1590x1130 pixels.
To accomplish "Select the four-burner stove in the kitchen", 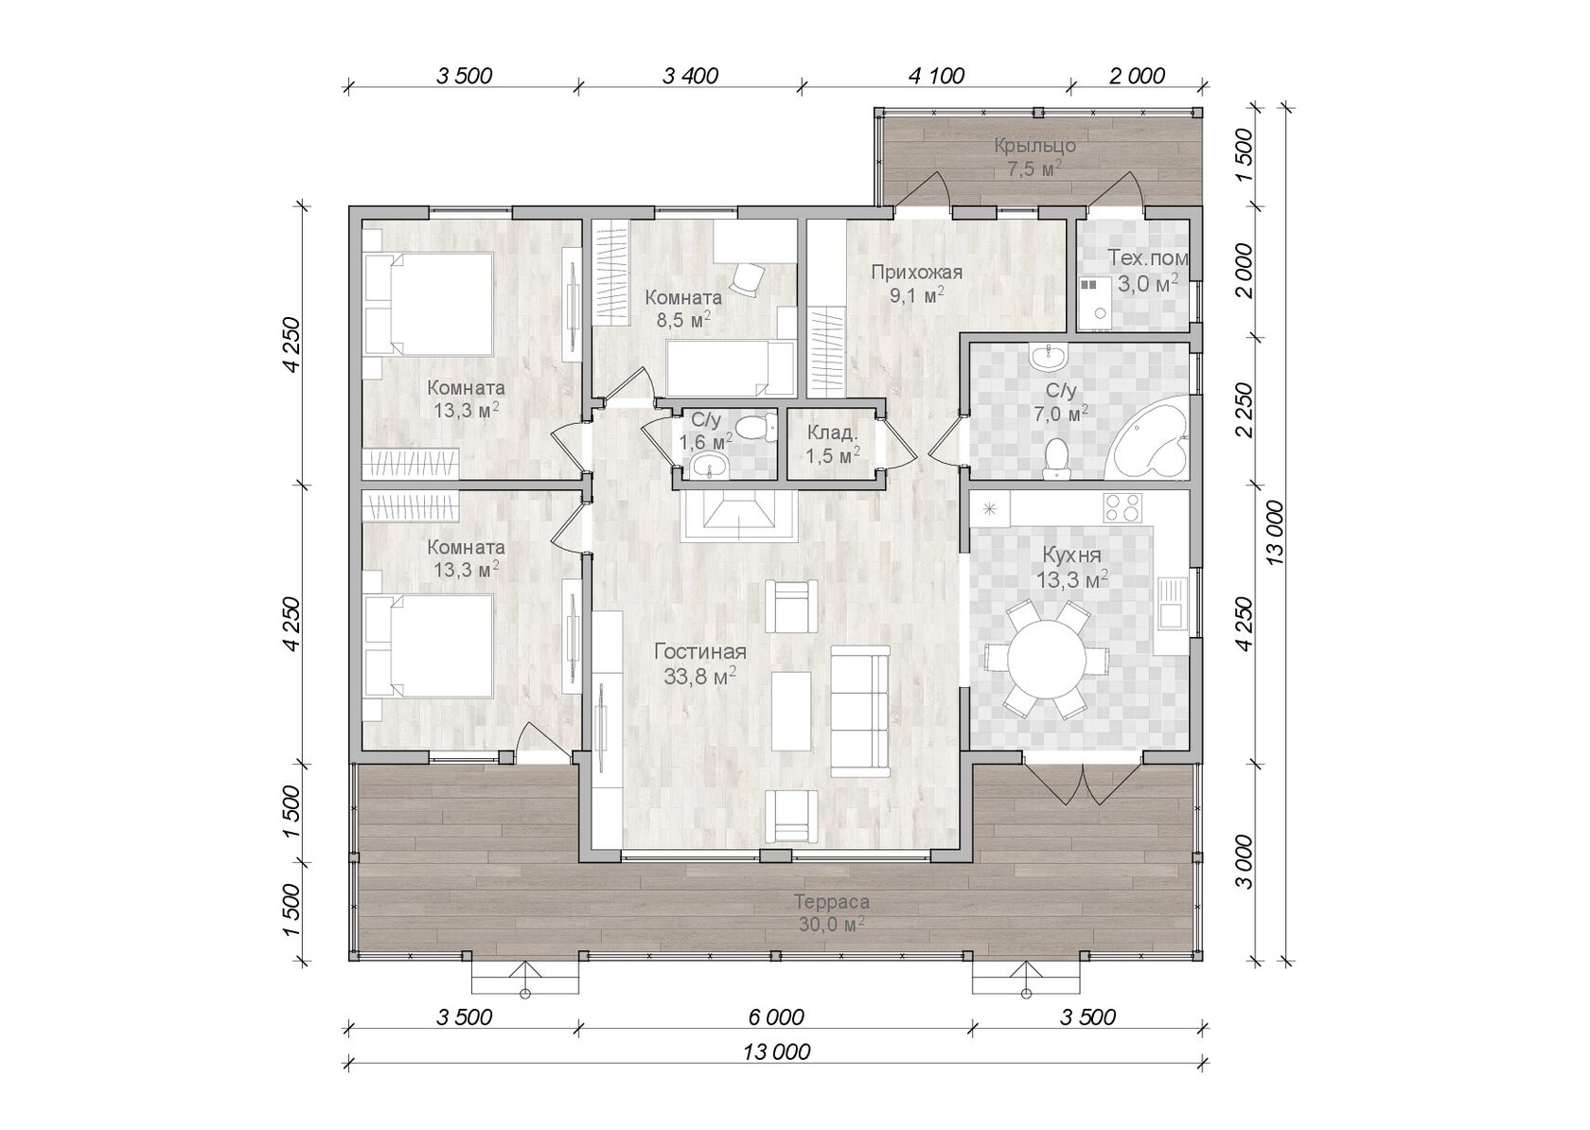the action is click(x=1122, y=507).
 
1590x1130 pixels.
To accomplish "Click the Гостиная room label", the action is click(x=700, y=651).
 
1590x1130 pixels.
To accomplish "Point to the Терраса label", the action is click(x=832, y=902).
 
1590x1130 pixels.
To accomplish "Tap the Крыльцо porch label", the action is click(x=1035, y=146).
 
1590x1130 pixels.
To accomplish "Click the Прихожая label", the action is click(x=917, y=272).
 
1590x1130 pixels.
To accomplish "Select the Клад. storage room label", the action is click(x=833, y=433).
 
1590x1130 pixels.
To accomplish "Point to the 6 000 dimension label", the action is click(x=776, y=1017).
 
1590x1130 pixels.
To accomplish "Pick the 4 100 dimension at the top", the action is click(x=937, y=76).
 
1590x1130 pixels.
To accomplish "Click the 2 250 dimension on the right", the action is click(x=1243, y=411).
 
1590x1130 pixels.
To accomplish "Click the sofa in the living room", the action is click(x=860, y=711).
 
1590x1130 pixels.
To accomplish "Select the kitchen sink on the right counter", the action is click(x=1172, y=603).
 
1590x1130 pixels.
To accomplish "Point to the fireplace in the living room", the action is click(x=737, y=515).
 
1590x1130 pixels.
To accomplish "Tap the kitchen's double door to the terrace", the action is click(x=1083, y=784).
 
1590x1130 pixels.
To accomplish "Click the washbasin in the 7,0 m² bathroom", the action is click(x=1048, y=356).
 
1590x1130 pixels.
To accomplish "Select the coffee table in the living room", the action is click(x=791, y=711).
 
